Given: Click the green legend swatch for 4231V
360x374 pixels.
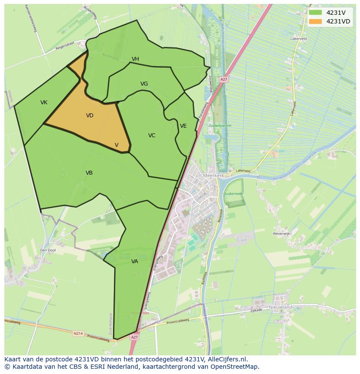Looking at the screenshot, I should click(x=316, y=13).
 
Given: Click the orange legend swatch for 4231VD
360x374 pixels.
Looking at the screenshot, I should click(x=316, y=21).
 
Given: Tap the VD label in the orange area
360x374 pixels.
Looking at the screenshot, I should click(x=90, y=116).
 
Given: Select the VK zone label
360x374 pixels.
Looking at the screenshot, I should click(x=44, y=103).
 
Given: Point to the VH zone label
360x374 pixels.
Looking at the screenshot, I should click(x=135, y=59).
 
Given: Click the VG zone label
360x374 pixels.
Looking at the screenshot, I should click(x=144, y=84).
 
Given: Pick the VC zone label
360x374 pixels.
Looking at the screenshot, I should click(x=151, y=136).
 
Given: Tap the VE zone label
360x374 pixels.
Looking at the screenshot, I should click(x=183, y=126).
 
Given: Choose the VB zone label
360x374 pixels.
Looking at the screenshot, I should click(x=89, y=173).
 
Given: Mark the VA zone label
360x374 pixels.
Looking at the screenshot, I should click(x=134, y=261).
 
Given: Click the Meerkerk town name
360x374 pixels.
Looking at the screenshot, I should click(x=213, y=175).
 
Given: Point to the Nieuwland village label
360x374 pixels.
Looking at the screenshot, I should click(x=280, y=307).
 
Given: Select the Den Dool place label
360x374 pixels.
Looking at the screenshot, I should click(x=48, y=250).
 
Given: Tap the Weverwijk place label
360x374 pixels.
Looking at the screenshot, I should click(x=281, y=233).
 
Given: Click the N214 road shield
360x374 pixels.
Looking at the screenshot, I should click(x=78, y=334).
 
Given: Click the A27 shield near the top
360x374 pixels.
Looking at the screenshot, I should click(x=224, y=79).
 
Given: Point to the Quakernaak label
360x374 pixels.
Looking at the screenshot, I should click(x=233, y=194).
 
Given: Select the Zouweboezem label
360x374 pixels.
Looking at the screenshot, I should click(x=220, y=126).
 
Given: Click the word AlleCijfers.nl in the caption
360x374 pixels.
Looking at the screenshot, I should click(x=227, y=359).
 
